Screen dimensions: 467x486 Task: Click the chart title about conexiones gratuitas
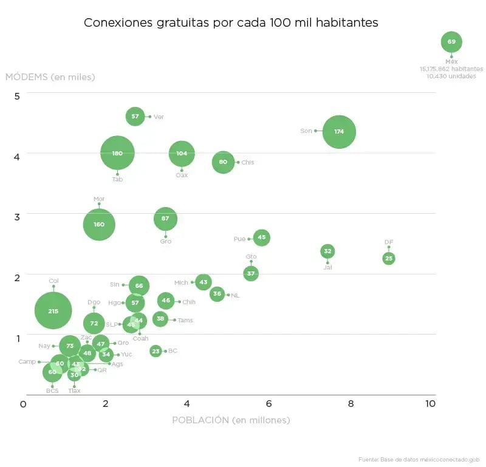231,22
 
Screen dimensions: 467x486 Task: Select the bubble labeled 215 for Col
53,310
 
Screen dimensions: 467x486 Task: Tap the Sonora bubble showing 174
339,131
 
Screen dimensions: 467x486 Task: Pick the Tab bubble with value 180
117,153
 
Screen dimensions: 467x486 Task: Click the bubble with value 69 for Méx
451,42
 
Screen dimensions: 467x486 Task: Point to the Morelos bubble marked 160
99,224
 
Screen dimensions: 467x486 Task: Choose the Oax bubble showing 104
182,153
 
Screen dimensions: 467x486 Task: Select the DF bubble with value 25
389,258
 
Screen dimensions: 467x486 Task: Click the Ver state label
159,117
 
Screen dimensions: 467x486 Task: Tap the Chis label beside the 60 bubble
247,163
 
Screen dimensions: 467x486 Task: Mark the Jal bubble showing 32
327,251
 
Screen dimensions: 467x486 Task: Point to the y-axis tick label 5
17,96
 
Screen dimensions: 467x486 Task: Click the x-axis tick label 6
268,404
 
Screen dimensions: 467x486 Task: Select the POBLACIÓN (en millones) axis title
231,420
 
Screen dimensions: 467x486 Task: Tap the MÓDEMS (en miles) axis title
50,77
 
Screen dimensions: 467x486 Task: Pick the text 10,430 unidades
451,77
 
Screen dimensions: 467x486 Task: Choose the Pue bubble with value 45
261,237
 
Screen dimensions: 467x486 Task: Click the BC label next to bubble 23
173,351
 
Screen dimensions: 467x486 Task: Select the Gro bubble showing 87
165,219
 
